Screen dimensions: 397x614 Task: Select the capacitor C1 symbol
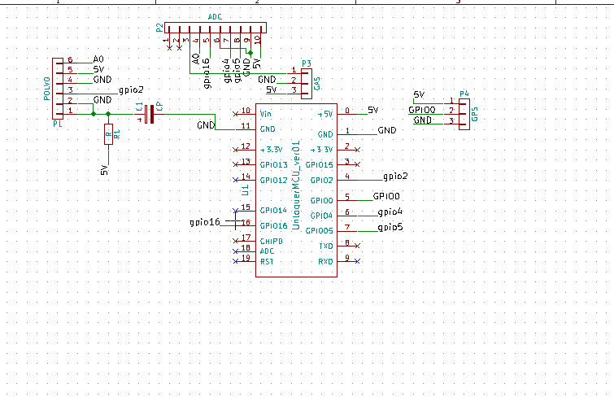(x=147, y=114)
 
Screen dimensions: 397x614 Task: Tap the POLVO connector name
(x=46, y=88)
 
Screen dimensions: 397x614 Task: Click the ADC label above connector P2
(x=215, y=17)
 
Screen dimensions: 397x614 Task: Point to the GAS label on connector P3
(x=316, y=83)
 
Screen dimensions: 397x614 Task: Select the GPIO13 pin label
(x=273, y=165)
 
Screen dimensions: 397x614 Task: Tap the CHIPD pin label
(x=271, y=241)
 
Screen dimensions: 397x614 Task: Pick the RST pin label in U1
(x=267, y=261)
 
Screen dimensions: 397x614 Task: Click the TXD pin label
(x=325, y=245)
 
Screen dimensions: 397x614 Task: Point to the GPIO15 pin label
(x=318, y=165)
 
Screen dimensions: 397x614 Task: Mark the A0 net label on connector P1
(x=98, y=59)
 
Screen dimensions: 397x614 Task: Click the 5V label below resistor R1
(x=104, y=170)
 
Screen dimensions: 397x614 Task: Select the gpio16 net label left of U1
(x=204, y=221)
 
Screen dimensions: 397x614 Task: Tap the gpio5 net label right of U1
(x=390, y=227)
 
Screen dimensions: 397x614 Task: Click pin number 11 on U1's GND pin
(x=245, y=127)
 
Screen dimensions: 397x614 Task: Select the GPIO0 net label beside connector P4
(x=421, y=109)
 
